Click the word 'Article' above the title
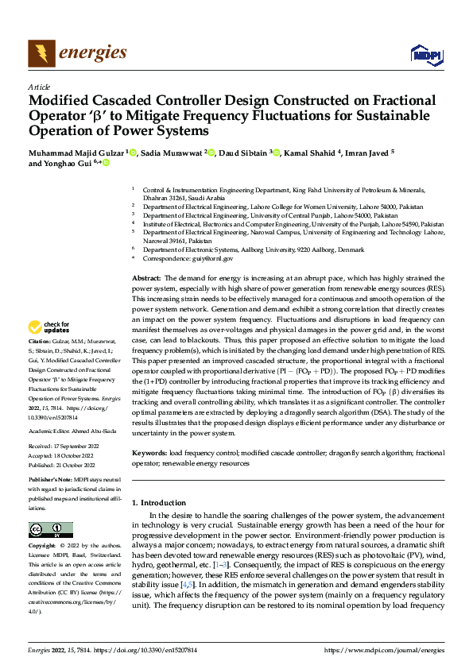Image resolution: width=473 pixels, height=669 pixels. click(39, 87)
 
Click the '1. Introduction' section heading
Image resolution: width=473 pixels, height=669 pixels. click(158, 503)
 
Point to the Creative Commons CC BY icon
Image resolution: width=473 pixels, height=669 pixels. click(50, 530)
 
